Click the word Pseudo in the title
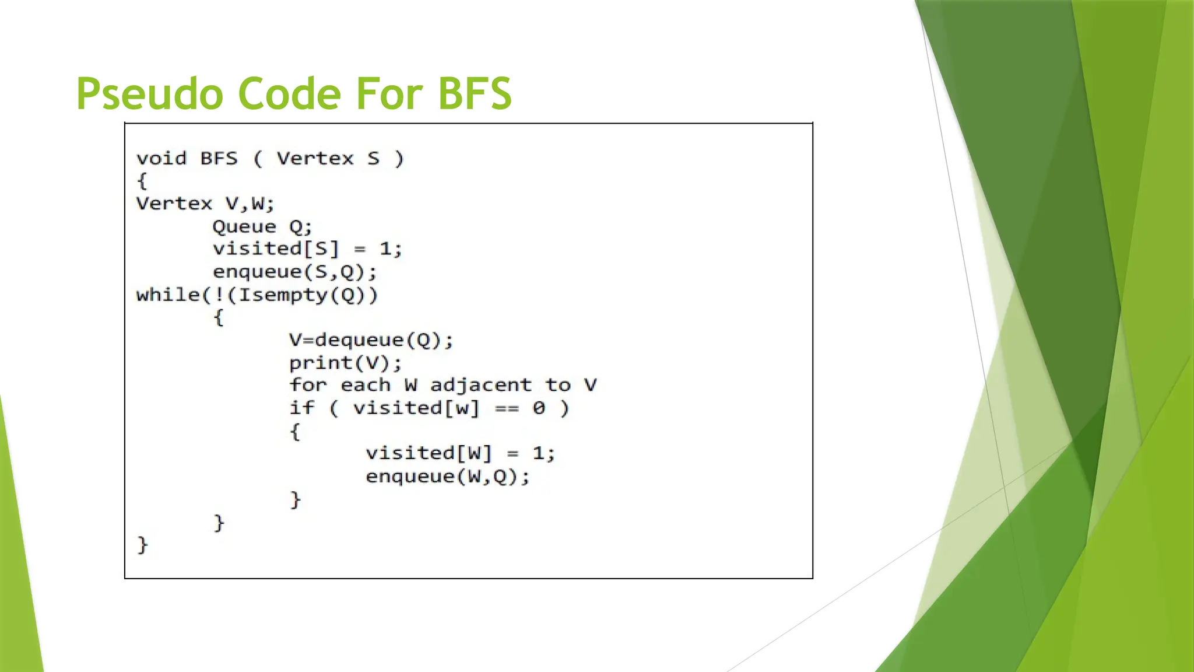149,94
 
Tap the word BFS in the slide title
475,94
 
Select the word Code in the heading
289,94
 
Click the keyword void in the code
161,159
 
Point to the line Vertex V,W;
205,204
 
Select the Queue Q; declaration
262,227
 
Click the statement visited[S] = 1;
307,249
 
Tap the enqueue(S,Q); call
295,272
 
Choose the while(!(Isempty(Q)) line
257,295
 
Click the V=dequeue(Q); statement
371,340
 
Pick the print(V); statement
345,363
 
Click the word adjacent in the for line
481,385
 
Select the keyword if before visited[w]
302,408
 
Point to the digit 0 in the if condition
539,408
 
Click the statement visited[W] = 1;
460,453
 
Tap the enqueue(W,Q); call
448,477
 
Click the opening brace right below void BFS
142,181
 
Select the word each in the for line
365,385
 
